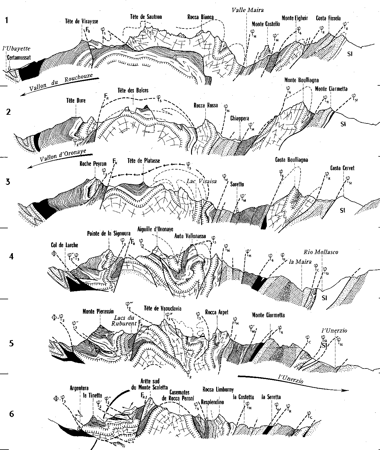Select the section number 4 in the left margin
11,257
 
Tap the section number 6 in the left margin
11,414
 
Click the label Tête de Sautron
146,17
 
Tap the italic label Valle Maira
248,10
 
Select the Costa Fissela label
328,19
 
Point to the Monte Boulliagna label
301,80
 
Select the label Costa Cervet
342,168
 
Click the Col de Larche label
65,245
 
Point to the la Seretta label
271,397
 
